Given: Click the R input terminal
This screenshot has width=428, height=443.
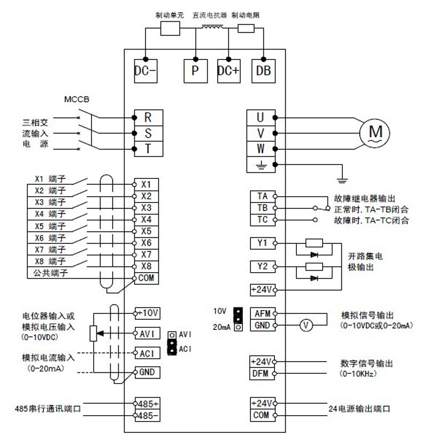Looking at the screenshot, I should [147, 117].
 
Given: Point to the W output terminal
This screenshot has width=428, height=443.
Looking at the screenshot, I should [261, 148].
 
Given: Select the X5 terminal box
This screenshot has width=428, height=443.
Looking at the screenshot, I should [146, 231].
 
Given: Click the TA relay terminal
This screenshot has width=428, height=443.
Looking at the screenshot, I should [262, 196].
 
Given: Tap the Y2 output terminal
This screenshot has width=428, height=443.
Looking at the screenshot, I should [262, 266].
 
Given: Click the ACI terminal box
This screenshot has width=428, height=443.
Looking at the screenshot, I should [147, 353].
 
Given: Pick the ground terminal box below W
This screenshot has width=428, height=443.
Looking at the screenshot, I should [261, 165].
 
